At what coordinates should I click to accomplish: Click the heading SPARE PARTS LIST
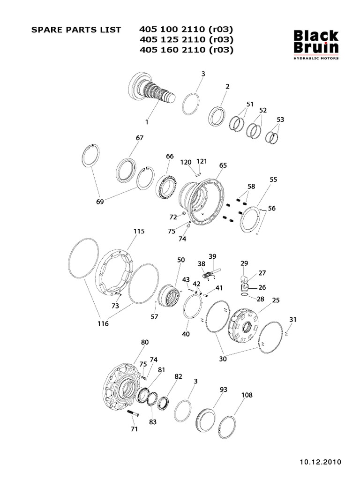point(75,30)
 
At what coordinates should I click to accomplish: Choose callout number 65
point(223,165)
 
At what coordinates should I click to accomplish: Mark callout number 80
point(144,342)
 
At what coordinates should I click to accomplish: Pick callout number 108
point(247,395)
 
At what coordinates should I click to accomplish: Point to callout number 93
point(223,390)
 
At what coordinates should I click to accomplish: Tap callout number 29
point(244,264)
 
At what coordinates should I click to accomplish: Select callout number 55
point(273,180)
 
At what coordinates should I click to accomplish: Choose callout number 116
point(103,323)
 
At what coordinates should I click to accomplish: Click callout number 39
point(212,256)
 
